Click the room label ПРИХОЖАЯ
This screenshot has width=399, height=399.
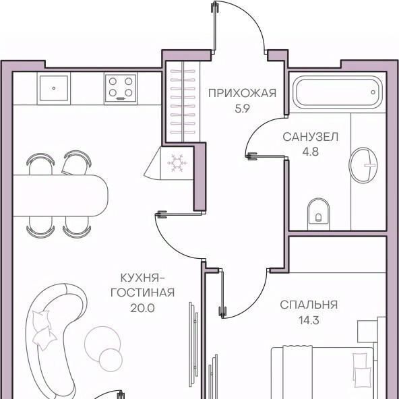point(242,93)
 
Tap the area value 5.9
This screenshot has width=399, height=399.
point(242,109)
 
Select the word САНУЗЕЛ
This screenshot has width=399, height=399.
point(311,137)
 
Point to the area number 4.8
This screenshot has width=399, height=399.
point(311,152)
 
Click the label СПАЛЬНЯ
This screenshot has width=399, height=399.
point(309,305)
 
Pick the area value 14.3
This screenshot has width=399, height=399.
point(309,320)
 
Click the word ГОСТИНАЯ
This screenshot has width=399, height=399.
point(142,293)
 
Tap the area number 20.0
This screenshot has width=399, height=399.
point(142,308)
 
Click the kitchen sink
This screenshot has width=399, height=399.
point(54,88)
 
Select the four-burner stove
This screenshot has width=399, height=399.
point(121,88)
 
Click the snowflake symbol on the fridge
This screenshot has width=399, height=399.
point(177,163)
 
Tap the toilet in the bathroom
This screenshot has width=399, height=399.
point(318,213)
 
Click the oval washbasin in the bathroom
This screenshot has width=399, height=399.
point(363,165)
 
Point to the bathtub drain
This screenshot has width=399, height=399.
point(373,92)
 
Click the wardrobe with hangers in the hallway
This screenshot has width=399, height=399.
point(183,102)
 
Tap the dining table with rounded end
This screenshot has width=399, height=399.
point(60,195)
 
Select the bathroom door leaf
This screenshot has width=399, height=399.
point(266,156)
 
